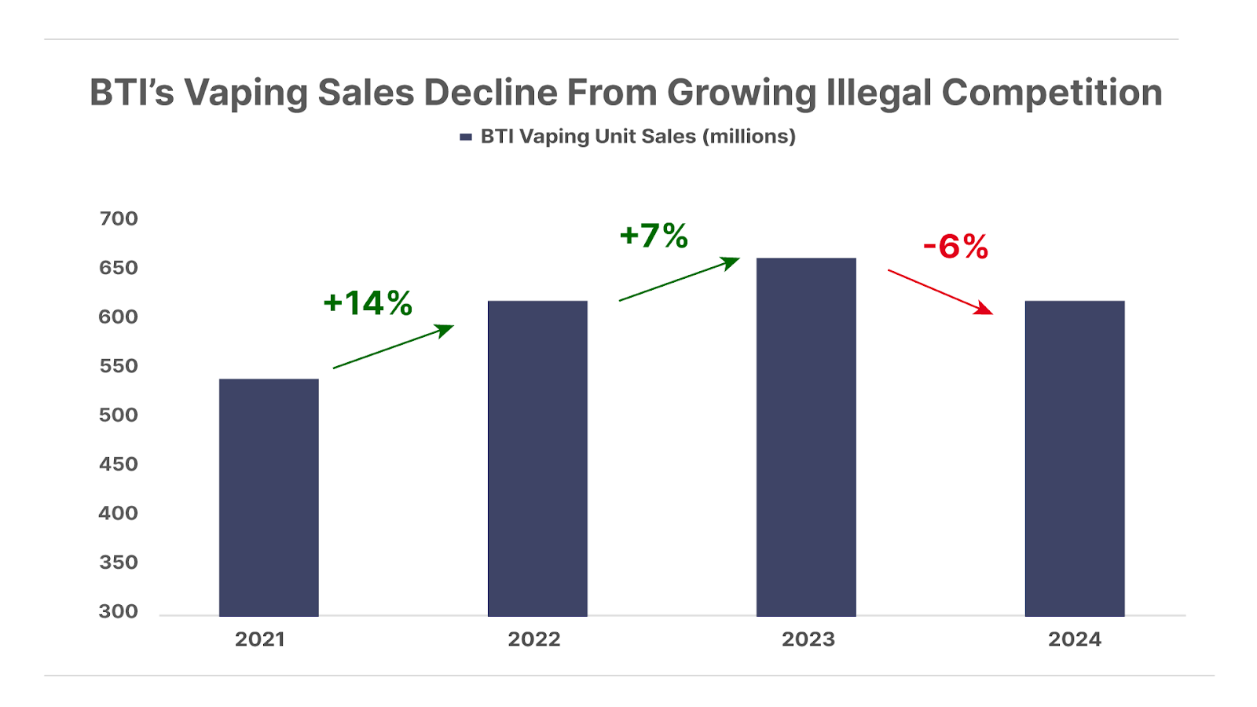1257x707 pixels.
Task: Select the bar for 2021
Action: point(269,497)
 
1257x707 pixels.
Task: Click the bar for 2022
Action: point(537,458)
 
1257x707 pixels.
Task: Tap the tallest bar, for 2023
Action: point(806,437)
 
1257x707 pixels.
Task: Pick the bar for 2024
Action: point(1075,458)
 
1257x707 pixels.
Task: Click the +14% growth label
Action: point(368,303)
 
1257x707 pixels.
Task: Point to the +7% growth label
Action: point(654,236)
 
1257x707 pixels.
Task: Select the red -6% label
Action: point(955,247)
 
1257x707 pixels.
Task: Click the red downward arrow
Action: point(940,292)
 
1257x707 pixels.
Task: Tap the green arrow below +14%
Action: point(394,346)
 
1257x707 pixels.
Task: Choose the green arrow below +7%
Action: point(680,279)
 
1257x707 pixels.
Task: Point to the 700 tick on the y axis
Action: point(119,218)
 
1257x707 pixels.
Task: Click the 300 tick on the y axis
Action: point(119,611)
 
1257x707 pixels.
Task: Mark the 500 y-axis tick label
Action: point(119,415)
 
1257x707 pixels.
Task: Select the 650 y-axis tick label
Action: point(119,268)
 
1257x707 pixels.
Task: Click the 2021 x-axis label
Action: point(260,639)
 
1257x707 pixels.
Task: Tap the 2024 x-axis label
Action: point(1075,639)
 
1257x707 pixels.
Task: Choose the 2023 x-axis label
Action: point(808,639)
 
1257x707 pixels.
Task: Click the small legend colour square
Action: point(466,137)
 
